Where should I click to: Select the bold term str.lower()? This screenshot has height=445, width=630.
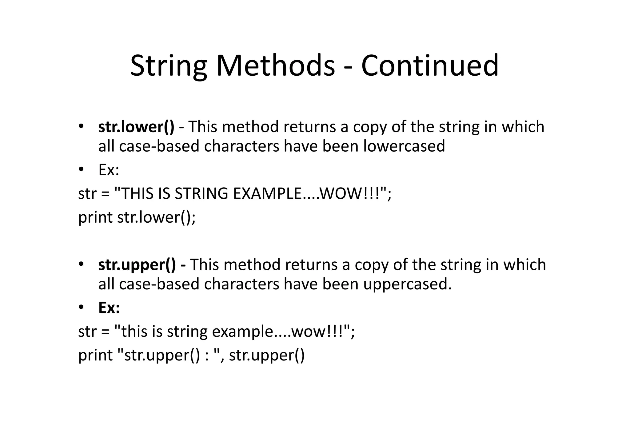136,127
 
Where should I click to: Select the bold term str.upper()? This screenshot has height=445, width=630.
137,265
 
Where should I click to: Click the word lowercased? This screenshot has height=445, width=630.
404,146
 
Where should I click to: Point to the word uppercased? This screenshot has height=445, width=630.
407,284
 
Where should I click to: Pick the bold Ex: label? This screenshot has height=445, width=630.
109,308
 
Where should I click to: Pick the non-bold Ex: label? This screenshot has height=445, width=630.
109,170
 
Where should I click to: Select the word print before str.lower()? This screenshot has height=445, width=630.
95,218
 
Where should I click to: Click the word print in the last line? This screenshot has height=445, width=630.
95,356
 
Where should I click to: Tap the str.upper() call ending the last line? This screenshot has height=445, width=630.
267,356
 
